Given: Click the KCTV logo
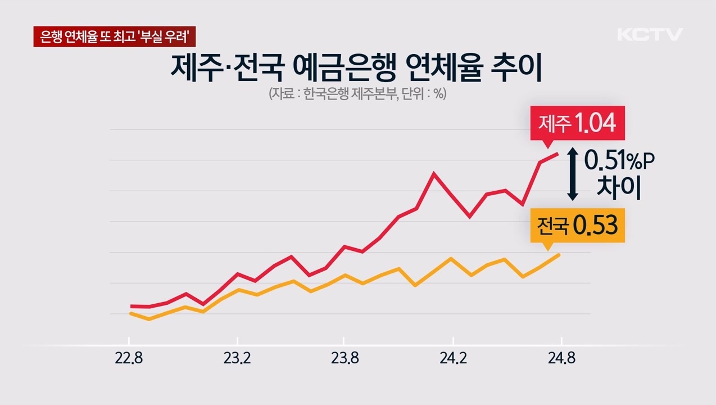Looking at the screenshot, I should [x=650, y=34].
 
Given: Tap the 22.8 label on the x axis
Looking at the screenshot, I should [x=129, y=359].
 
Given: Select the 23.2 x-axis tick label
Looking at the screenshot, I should [x=237, y=359].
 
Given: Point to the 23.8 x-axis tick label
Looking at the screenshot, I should [x=345, y=359].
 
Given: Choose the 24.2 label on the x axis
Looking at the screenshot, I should [x=452, y=359].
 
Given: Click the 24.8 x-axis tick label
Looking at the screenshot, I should [x=560, y=359].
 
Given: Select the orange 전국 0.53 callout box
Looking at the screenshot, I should [x=577, y=227].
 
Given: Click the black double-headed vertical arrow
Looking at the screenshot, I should [x=572, y=174].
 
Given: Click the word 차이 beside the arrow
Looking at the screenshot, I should [x=618, y=190].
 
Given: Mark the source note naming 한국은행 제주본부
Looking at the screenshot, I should [x=357, y=94].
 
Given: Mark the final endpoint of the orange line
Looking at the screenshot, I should [x=559, y=255].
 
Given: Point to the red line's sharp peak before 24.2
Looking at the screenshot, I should [x=434, y=173].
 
